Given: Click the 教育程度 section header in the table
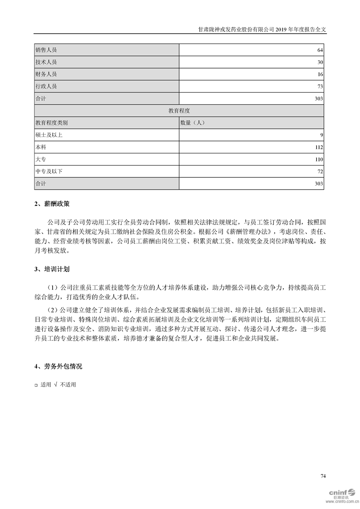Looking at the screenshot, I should (179, 111).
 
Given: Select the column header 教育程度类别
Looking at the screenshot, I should (51, 123).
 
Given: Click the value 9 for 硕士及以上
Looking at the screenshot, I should (321, 135).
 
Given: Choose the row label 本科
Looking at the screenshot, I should (41, 147).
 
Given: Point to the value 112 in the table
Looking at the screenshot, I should (318, 147).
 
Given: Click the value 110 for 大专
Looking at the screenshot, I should (318, 160).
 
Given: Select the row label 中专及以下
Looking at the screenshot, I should (49, 171).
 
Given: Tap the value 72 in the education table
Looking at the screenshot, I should (320, 171).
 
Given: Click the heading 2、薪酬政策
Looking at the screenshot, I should (52, 205).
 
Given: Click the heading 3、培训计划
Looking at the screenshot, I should (52, 269).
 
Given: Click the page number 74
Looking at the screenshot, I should (323, 476).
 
